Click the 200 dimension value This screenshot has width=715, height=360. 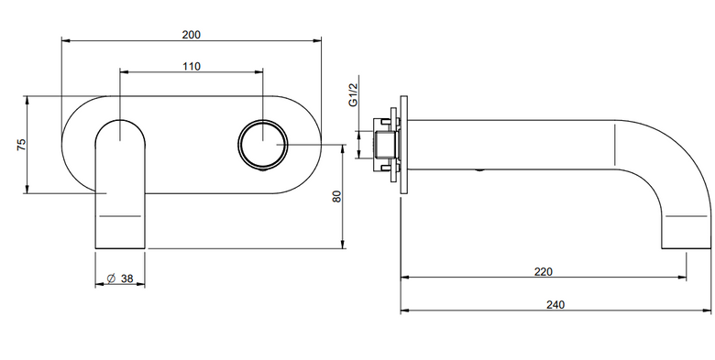point(191,35)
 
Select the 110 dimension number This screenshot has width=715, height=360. point(192,67)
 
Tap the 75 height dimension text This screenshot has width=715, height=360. point(21,145)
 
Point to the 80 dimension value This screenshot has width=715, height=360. point(337,196)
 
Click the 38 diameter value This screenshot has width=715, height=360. point(127,278)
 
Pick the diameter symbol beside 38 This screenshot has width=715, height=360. point(111,278)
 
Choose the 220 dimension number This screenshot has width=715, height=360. point(543,272)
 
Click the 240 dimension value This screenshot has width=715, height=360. point(555,305)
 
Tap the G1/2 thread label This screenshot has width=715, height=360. point(354,95)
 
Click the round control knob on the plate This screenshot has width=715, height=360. point(263,145)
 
